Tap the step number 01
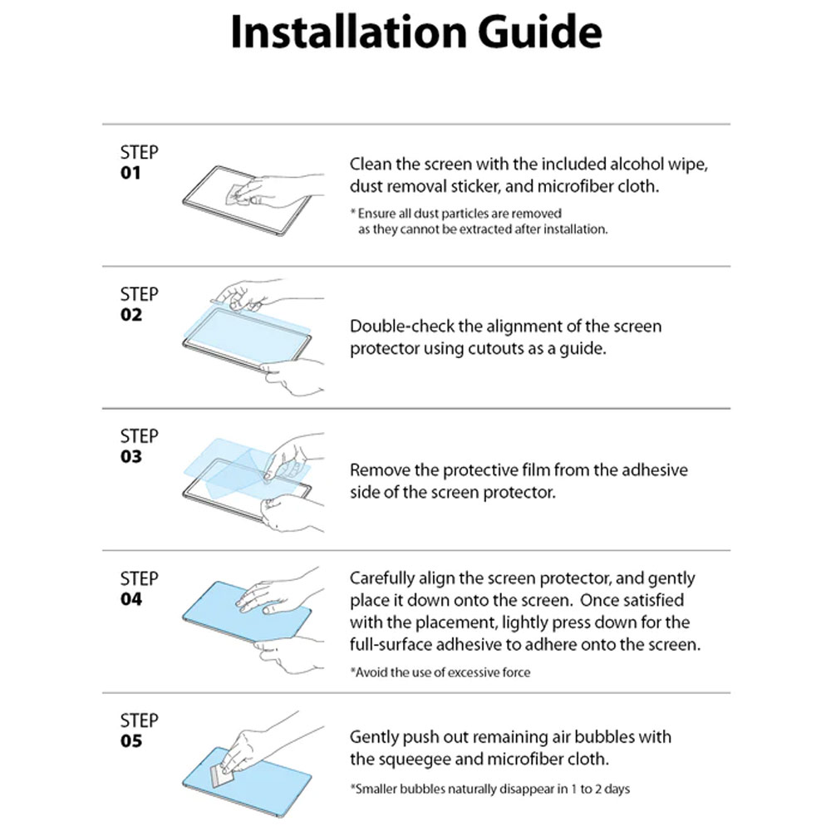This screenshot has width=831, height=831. click(x=131, y=173)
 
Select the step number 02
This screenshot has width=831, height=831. click(x=131, y=315)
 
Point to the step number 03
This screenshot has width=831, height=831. click(x=131, y=457)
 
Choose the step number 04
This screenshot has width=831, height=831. click(x=131, y=599)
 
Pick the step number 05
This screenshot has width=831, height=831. click(x=131, y=741)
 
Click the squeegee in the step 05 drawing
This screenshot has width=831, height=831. click(x=224, y=776)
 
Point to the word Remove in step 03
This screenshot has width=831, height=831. click(x=377, y=470)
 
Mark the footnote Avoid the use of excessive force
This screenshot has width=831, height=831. click(x=440, y=671)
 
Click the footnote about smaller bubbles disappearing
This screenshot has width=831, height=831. click(x=494, y=789)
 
